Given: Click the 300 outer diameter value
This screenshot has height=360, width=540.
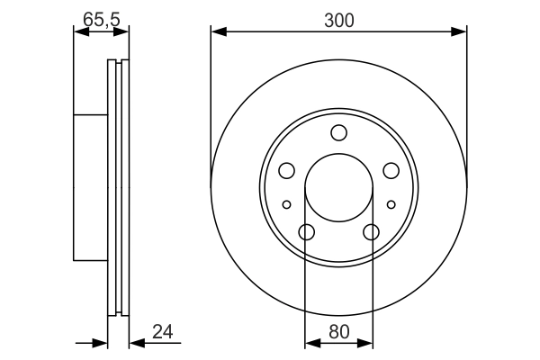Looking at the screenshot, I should [338, 17].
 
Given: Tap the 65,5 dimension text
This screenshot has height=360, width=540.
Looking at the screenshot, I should [101, 17].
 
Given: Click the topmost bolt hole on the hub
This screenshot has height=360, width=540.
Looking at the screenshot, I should [338, 133].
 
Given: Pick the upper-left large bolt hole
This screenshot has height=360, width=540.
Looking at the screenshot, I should [286, 170].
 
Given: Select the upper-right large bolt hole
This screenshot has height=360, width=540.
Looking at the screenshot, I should [391, 170].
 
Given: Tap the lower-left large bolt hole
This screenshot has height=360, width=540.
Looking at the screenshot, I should [306, 232].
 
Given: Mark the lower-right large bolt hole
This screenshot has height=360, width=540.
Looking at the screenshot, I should [371, 232].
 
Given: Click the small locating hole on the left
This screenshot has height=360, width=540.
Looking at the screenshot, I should [286, 204].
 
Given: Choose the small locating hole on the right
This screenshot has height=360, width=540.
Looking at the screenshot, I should [391, 204].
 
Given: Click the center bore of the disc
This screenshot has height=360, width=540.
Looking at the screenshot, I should [338, 188].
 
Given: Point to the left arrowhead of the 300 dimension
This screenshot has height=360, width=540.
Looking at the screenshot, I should [217, 32].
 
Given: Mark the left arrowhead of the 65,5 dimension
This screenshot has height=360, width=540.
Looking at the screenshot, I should [78, 32].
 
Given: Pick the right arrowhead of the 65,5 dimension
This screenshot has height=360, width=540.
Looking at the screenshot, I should [124, 32].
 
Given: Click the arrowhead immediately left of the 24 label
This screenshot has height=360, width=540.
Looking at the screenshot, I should [135, 343].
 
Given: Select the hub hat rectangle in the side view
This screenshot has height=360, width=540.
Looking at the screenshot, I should [90, 188].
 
